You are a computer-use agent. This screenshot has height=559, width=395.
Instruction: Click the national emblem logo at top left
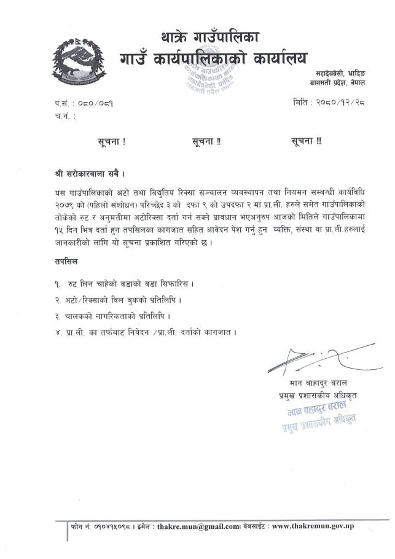74,59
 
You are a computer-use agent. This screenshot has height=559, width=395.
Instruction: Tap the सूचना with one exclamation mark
111,141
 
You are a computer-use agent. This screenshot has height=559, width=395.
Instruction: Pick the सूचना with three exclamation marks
306,141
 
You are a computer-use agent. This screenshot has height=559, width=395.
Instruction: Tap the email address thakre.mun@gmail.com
198,526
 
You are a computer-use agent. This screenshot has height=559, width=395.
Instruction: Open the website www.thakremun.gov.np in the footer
312,526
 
